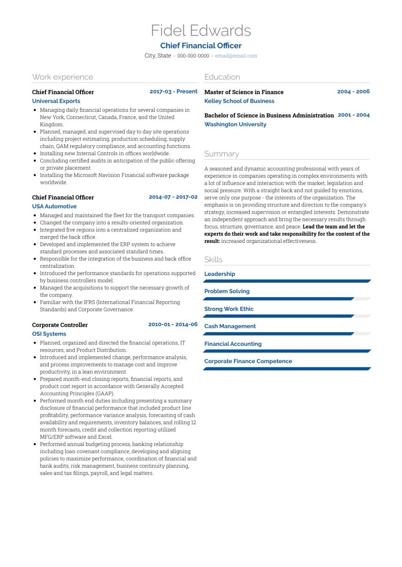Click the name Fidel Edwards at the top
coord(201,30)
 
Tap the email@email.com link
coord(236,56)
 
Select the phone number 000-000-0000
coord(193,56)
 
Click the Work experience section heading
coord(63,77)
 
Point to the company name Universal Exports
coord(56,101)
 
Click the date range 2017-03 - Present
coord(173,91)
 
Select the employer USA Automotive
coord(54,206)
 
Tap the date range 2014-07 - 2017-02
coord(173,197)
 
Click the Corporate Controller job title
coord(60,325)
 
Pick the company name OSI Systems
coord(49,334)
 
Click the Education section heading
coord(222,77)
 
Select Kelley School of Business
coord(239,101)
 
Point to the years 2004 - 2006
coord(353,91)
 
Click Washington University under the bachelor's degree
coord(235,124)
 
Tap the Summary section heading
coord(222,154)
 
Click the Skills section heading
coord(213,259)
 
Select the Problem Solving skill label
coord(227,291)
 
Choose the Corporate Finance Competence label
coord(248,361)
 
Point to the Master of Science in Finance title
coord(244,92)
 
